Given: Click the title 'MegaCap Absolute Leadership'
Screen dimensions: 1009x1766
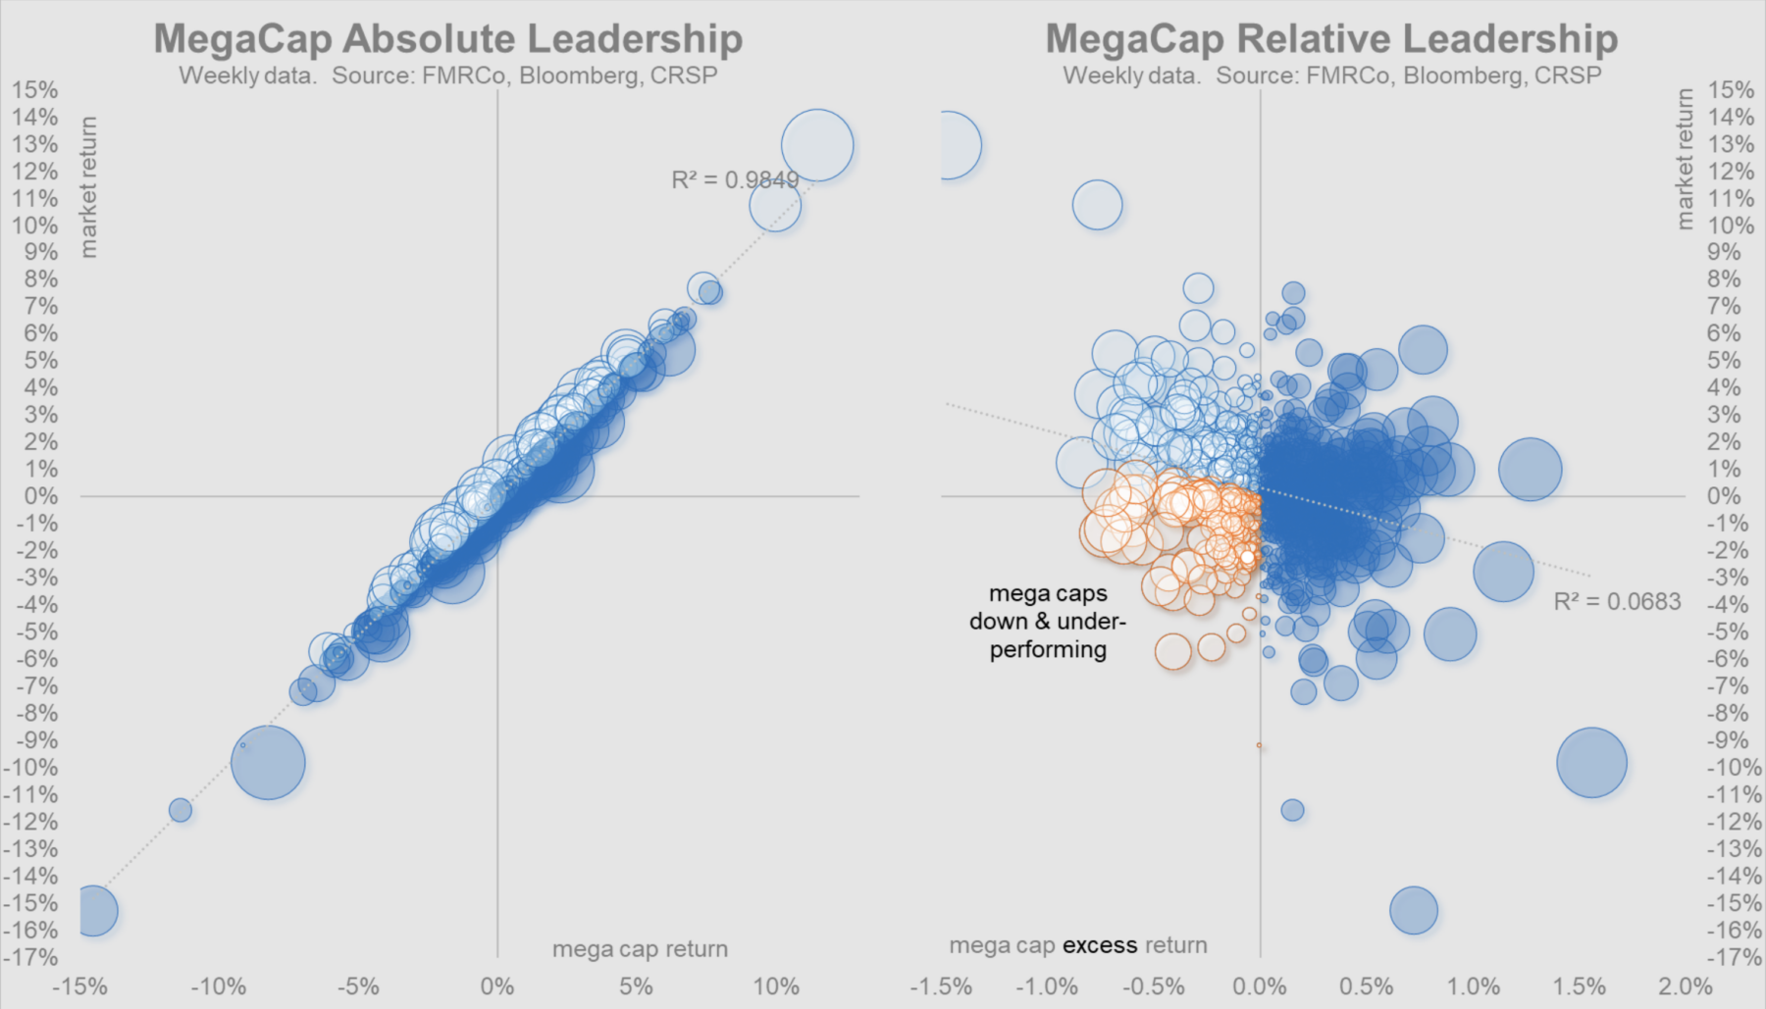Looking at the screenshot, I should click(448, 38).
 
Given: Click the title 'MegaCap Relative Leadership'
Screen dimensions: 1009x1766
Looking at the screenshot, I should click(1331, 38).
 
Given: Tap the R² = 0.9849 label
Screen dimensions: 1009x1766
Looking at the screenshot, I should click(734, 179).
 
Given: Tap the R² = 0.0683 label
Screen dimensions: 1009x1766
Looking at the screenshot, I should click(1617, 601).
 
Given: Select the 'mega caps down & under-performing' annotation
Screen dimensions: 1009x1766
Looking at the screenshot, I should click(1048, 622).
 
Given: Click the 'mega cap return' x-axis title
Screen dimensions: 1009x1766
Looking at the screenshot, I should click(640, 949).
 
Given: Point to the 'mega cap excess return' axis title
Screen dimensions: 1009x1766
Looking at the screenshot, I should click(1077, 945).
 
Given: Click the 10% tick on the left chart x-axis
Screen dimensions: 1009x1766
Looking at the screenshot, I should click(775, 986).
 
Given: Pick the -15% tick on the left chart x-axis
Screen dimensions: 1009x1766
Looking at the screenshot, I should click(80, 986).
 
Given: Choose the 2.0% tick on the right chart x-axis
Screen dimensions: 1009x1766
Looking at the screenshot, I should click(1686, 986).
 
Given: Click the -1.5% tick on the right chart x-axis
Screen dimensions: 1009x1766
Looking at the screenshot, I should click(941, 986).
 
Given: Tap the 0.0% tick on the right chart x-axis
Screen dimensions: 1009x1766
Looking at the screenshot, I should click(1260, 986).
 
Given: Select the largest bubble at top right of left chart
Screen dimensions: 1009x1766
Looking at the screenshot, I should click(817, 145).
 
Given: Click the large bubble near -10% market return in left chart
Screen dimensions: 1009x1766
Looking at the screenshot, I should click(268, 763).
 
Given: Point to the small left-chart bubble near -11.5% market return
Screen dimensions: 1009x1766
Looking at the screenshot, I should click(181, 810).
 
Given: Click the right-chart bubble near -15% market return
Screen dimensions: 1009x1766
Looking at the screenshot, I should click(1414, 911).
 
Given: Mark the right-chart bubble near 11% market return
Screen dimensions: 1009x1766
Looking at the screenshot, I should click(1097, 206).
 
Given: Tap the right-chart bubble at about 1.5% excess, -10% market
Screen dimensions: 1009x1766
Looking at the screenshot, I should click(1591, 763).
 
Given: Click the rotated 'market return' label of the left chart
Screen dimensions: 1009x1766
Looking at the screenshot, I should click(88, 187).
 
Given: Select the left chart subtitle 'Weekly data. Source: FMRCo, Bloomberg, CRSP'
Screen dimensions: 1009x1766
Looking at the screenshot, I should click(448, 76).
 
